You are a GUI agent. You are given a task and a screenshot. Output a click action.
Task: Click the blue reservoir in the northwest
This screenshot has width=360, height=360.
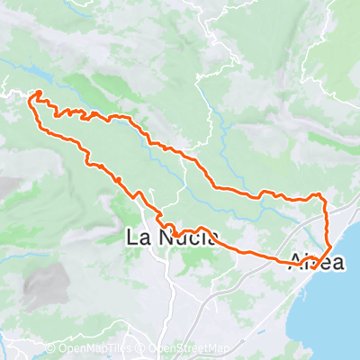click(x=32, y=72)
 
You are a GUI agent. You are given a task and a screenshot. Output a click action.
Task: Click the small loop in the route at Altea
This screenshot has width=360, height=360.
click(x=310, y=262)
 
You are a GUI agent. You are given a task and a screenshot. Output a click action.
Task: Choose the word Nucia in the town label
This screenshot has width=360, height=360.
click(x=184, y=238)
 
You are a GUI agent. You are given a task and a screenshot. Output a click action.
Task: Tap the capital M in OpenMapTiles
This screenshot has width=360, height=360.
click(x=91, y=349)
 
